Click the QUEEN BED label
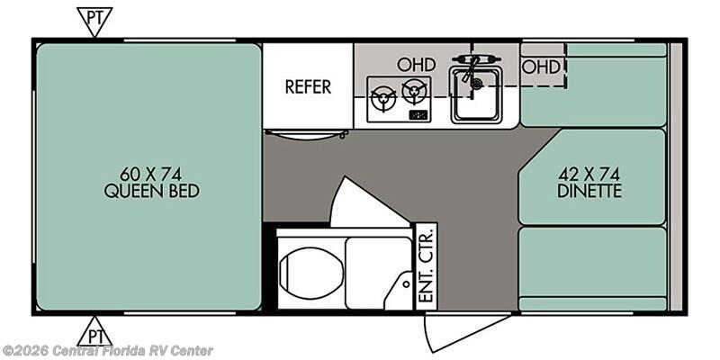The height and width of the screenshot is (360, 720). point(151,191)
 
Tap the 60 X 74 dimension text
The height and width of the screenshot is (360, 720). point(150,174)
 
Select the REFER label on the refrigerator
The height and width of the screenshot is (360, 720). point(308,86)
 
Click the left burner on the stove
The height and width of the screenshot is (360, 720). point(383,98)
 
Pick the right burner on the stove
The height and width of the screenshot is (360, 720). point(414,91)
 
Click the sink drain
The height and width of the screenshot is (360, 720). point(477,84)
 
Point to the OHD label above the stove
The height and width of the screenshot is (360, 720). point(416,65)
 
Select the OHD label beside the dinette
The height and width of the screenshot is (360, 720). point(542,67)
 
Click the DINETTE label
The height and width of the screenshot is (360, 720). point(589,191)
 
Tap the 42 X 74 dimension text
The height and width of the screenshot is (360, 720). point(589,174)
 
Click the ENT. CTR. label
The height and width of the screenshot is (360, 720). point(427,265)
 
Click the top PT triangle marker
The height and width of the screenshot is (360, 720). point(94,20)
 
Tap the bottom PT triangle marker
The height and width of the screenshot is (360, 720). point(94,333)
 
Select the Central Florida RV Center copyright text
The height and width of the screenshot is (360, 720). point(106,351)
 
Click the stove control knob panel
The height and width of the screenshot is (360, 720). point(418,114)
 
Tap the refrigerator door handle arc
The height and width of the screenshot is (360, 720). point(306,135)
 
